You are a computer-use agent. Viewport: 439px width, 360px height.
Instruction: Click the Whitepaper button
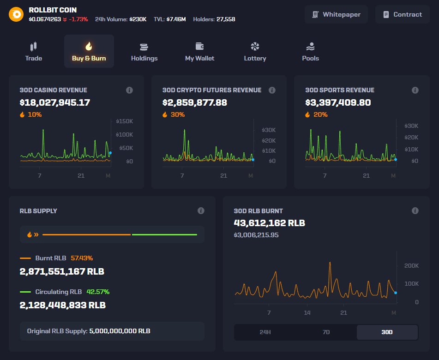point(336,14)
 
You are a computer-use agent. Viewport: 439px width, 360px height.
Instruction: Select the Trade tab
point(33,51)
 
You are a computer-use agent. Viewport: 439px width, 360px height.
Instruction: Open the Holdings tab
point(144,51)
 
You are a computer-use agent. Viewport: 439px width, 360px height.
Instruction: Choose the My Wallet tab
point(199,51)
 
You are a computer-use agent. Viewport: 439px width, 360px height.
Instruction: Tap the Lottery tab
point(255,51)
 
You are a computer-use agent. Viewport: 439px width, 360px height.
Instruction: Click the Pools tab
point(310,51)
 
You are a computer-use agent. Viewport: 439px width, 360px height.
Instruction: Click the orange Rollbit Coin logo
point(16,14)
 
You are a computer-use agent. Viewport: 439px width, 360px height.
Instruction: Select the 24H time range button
point(265,332)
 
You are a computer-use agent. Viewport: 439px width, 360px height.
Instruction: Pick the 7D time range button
point(326,332)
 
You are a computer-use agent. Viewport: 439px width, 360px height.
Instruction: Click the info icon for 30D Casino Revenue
point(130,90)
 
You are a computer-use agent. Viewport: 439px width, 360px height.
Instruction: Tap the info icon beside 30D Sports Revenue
point(415,90)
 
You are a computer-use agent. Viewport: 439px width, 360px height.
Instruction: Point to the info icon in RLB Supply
point(201,210)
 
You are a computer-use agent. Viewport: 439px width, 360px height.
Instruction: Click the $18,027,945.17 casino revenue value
point(55,102)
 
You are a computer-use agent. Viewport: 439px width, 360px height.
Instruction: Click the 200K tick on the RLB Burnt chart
point(411,266)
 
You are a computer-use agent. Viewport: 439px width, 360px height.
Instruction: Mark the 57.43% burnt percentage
point(85,258)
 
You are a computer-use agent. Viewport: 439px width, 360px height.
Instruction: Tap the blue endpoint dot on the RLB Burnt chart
point(396,293)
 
